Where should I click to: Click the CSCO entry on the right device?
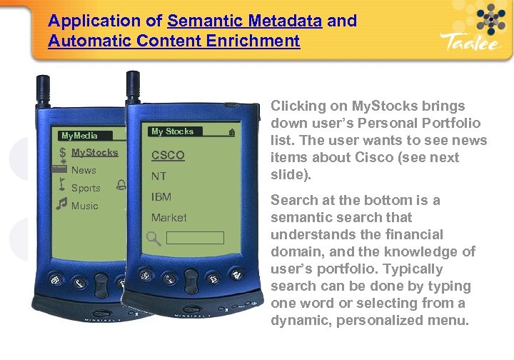coord(168,155)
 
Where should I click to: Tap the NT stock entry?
coord(158,176)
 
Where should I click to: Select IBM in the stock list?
coord(161,196)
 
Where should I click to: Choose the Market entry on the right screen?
coord(168,217)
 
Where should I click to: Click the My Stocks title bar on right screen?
coord(173,131)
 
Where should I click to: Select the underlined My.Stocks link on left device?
coord(95,152)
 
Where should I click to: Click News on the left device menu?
coord(84,170)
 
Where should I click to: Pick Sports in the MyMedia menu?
coord(86,188)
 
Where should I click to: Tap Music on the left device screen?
coord(85,206)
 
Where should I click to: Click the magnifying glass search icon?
coord(154,238)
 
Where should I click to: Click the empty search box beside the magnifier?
coord(196,238)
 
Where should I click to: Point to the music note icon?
coord(62,205)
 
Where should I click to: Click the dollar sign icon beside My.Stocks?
coord(63,152)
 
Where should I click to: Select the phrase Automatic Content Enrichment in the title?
coord(174,41)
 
